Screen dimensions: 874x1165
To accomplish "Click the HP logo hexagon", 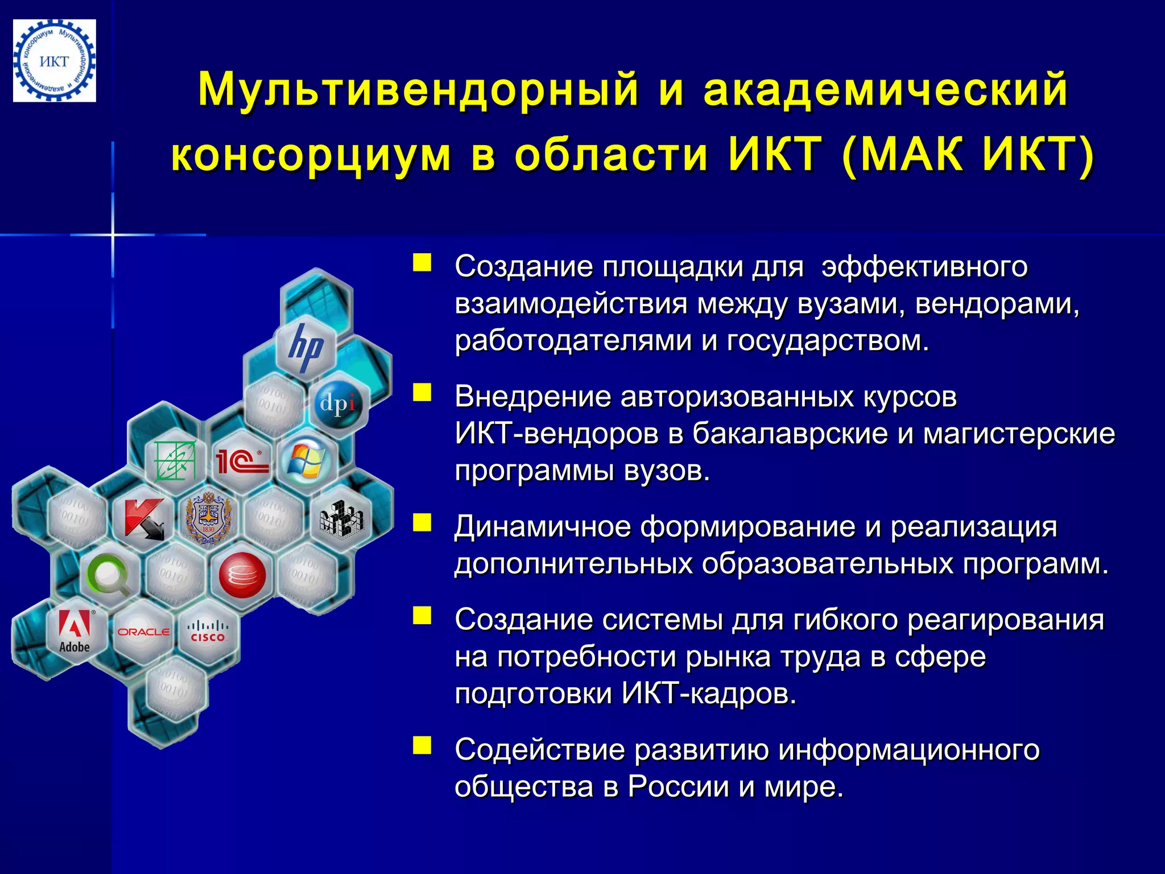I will coord(305,347).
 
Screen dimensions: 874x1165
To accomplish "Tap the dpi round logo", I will coord(338,403).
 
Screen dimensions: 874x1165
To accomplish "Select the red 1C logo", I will coord(241,461).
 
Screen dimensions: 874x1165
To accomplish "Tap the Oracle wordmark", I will coord(143,632).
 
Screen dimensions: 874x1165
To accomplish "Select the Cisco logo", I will coord(207,632).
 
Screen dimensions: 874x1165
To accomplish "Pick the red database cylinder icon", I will coord(242,575).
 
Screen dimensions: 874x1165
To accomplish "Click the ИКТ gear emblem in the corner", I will coord(55,61).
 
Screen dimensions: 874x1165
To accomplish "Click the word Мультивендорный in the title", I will coord(419,89).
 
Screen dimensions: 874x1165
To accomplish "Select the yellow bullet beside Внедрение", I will coord(422,393).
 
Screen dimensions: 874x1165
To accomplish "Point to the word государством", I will coord(828,341).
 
